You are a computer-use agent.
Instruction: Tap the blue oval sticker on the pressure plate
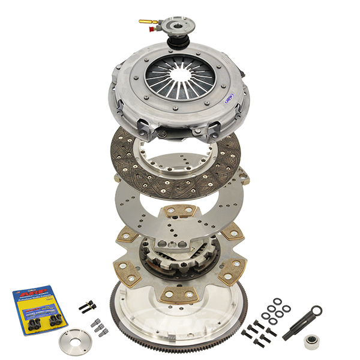230,100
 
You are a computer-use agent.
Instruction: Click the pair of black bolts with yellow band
88,306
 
